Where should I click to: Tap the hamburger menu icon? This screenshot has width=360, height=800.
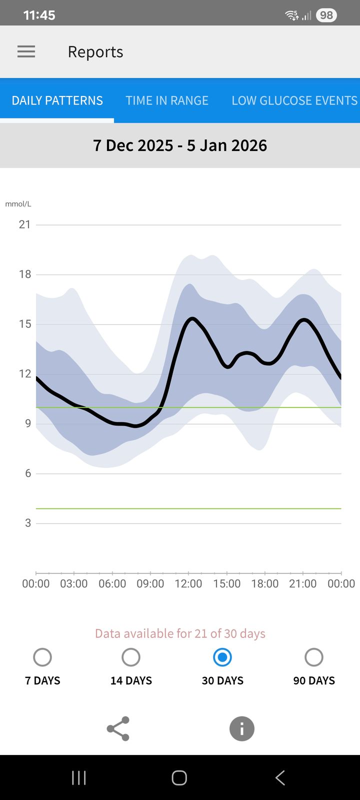(26, 51)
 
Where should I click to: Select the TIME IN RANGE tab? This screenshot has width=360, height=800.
(167, 100)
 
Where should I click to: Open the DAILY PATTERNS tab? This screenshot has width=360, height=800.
(57, 100)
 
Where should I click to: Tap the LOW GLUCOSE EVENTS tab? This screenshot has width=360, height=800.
(294, 100)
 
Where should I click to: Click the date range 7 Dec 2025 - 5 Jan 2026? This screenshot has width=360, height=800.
(180, 145)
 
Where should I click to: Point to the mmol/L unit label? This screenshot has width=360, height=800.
(18, 204)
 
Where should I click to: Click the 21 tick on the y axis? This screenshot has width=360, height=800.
(24, 224)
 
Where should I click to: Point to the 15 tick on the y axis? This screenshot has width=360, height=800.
(24, 324)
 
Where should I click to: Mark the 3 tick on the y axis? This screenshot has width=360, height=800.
(28, 523)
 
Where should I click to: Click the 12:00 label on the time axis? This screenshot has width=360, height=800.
(188, 583)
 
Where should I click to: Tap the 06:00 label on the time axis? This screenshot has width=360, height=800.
(112, 583)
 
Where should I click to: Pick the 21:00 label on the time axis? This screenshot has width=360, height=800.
(303, 583)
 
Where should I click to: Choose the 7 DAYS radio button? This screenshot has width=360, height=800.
(42, 657)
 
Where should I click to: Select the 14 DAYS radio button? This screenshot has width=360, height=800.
(131, 657)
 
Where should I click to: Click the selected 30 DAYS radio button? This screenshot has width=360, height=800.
(222, 657)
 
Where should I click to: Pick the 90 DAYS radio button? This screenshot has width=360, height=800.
(314, 657)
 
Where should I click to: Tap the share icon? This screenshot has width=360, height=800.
(118, 728)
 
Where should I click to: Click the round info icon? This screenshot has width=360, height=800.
(242, 728)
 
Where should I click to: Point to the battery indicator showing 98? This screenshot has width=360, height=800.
(326, 15)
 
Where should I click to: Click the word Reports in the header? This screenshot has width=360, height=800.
(95, 52)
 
